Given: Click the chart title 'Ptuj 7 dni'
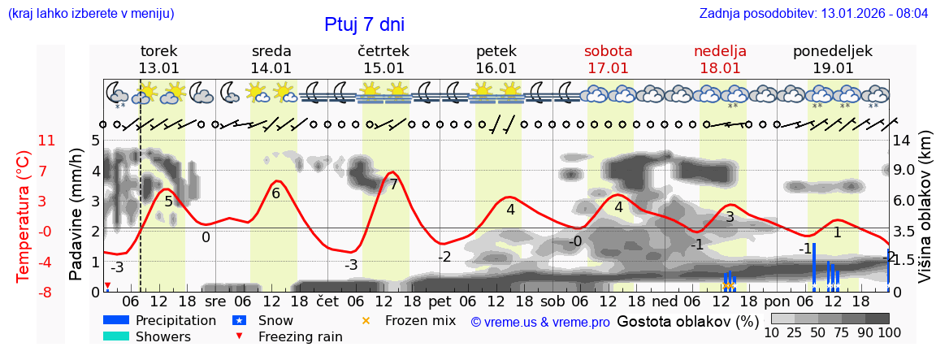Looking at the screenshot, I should click(364, 25).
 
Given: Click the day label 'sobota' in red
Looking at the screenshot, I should click(608, 51).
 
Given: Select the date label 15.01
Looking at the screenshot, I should click(383, 68).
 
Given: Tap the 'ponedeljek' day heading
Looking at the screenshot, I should click(833, 51).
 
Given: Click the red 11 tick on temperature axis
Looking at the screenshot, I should click(47, 141).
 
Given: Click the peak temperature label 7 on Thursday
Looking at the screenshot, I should click(393, 184).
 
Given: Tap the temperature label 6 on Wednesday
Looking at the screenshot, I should click(275, 193).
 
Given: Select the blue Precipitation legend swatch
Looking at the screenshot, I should click(116, 320).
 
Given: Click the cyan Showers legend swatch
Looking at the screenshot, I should click(116, 336).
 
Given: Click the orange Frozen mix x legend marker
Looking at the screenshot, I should click(366, 321).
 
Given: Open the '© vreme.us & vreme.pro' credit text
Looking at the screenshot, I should click(540, 322).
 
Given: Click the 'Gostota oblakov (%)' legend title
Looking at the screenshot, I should click(687, 321).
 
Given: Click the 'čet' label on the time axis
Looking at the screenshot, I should click(327, 300).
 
